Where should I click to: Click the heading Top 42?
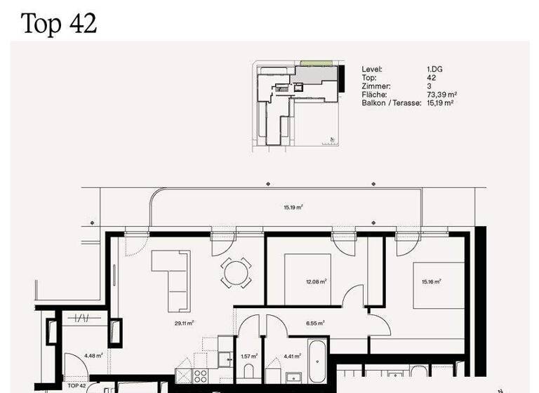pyautogui.click(x=59, y=23)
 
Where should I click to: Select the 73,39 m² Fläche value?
pyautogui.click(x=442, y=95)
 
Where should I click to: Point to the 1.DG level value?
pyautogui.click(x=434, y=69)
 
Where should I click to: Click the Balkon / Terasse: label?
pyautogui.click(x=392, y=103)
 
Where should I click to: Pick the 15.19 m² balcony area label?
pyautogui.click(x=293, y=207)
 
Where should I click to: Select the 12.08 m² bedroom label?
pyautogui.click(x=317, y=281)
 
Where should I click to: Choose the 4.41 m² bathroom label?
pyautogui.click(x=293, y=356)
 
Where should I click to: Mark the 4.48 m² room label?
pyautogui.click(x=93, y=356)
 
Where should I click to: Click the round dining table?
pyautogui.click(x=235, y=272)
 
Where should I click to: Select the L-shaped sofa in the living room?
pyautogui.click(x=171, y=277)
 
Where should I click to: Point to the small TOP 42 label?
pyautogui.click(x=76, y=385)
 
